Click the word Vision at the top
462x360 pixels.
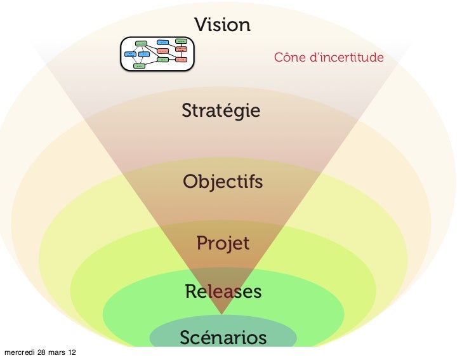tap(222, 25)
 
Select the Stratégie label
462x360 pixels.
tap(221, 110)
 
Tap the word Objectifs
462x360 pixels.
tap(223, 182)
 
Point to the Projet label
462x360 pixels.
tap(223, 243)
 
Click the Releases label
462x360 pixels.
tap(223, 291)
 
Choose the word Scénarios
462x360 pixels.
tap(223, 337)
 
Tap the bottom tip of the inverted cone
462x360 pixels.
tap(221, 314)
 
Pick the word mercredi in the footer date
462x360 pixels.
tap(20, 352)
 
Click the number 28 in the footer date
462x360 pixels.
tap(42, 352)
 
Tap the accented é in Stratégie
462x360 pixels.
tap(229, 110)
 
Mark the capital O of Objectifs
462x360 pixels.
tap(190, 182)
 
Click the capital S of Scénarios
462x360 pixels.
tap(185, 337)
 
